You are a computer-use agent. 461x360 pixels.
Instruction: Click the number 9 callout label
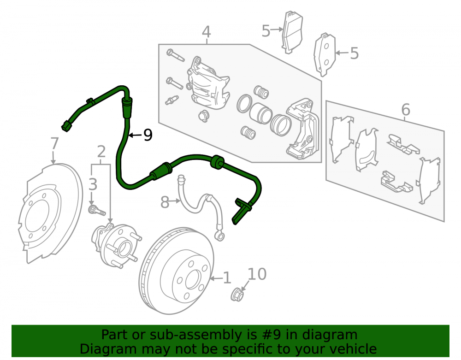(148, 135)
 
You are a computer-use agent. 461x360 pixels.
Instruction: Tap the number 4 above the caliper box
(207, 32)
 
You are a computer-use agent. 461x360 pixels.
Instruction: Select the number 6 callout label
(406, 110)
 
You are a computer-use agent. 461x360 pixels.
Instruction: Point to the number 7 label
(55, 144)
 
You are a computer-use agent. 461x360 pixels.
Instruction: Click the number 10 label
(257, 274)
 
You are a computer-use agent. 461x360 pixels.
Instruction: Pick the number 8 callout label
(165, 202)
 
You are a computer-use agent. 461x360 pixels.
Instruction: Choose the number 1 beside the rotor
(227, 278)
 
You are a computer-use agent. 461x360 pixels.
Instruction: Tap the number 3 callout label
(93, 184)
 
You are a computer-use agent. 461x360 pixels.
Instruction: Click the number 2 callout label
(101, 152)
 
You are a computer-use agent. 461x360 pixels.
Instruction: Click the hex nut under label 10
(236, 295)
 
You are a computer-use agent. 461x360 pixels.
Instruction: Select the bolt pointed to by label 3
(97, 210)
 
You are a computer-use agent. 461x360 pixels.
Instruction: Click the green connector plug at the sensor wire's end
(66, 126)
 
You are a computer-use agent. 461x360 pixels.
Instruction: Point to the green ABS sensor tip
(240, 212)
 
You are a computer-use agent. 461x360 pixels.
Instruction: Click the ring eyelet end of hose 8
(219, 236)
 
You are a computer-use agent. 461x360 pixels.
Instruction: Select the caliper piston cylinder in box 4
(260, 113)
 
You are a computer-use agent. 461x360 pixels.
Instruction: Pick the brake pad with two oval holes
(325, 54)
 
